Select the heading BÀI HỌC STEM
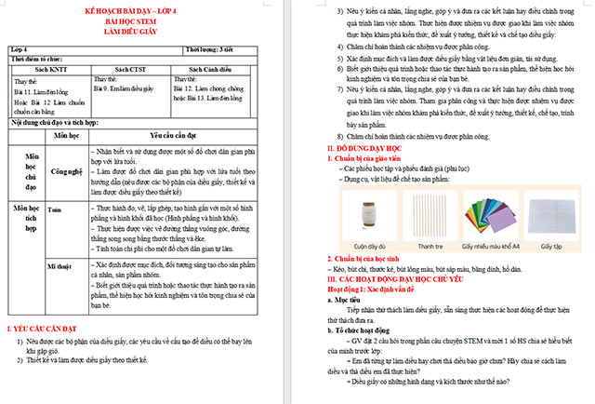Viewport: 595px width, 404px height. click(x=149, y=20)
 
